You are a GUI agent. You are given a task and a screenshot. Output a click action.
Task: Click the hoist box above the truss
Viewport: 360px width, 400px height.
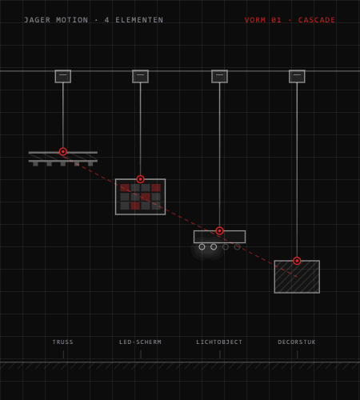pyautogui.click(x=63, y=77)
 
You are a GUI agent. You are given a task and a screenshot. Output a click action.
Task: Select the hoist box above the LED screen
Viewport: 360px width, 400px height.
pyautogui.click(x=140, y=77)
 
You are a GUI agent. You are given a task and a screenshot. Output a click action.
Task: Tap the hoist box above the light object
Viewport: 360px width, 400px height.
pyautogui.click(x=219, y=77)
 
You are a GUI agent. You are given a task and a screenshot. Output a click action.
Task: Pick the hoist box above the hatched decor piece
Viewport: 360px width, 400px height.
pyautogui.click(x=297, y=77)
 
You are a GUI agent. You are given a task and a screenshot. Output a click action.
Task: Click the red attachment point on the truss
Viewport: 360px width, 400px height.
pyautogui.click(x=63, y=152)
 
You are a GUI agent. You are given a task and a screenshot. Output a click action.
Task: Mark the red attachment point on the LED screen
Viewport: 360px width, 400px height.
pyautogui.click(x=140, y=179)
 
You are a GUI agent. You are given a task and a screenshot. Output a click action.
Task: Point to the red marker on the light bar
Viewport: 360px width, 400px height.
pyautogui.click(x=219, y=230)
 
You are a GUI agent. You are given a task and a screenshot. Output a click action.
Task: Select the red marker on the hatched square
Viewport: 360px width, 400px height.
pyautogui.click(x=297, y=261)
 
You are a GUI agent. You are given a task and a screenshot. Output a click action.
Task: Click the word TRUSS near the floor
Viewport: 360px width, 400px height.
pyautogui.click(x=62, y=342)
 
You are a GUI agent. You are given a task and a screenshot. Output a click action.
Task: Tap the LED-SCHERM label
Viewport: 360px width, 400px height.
pyautogui.click(x=140, y=342)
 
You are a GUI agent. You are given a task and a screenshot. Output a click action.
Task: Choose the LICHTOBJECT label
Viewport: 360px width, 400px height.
pyautogui.click(x=219, y=342)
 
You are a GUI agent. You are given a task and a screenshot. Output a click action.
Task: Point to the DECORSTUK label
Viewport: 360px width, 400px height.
pyautogui.click(x=297, y=342)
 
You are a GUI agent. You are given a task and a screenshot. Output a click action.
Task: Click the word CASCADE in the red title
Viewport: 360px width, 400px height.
pyautogui.click(x=317, y=20)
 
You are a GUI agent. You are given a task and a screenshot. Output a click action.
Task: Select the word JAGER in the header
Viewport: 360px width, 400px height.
pyautogui.click(x=38, y=20)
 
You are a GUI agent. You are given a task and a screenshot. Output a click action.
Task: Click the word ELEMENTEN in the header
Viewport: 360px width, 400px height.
pyautogui.click(x=139, y=20)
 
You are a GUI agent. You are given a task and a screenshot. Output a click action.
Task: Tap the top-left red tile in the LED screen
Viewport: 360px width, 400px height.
pyautogui.click(x=125, y=188)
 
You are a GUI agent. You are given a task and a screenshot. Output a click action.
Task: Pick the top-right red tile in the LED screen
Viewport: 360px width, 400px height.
pyautogui.click(x=156, y=188)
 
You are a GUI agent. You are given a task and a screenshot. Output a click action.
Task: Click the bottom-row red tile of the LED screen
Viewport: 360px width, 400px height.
pyautogui.click(x=135, y=206)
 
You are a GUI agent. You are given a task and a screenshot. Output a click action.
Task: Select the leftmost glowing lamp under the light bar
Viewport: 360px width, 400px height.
pyautogui.click(x=202, y=247)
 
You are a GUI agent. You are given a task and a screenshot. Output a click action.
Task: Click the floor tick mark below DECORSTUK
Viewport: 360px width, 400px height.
pyautogui.click(x=297, y=354)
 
